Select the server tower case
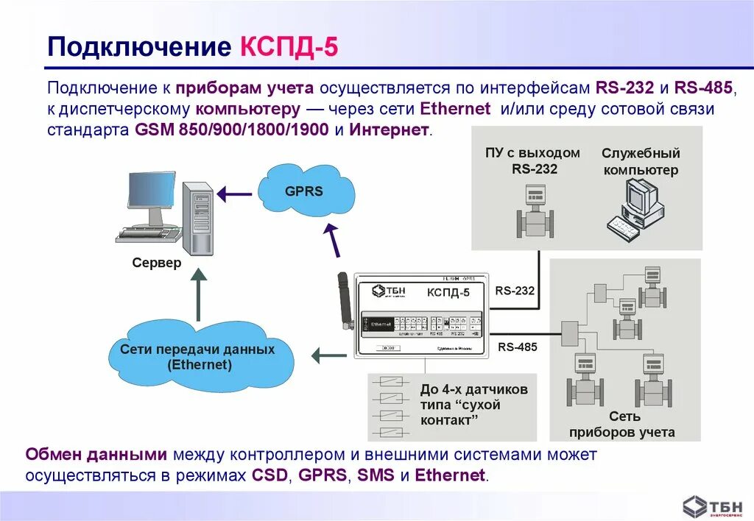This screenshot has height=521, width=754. [x=197, y=218]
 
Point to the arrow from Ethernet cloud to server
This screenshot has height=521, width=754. [x=198, y=294]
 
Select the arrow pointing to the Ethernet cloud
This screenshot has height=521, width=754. [x=328, y=356]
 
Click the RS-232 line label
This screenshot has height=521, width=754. [x=515, y=291]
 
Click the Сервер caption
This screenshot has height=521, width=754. [x=156, y=263]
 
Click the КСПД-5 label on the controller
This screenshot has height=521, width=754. [x=448, y=293]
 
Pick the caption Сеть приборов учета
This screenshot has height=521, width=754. [x=621, y=425]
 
